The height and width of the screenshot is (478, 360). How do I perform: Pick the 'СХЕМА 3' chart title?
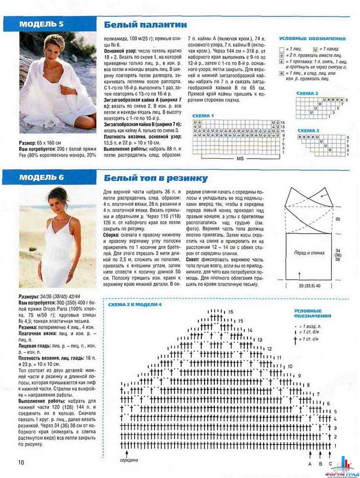pos(308,131)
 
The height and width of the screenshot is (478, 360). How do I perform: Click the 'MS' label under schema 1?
pos(240,159)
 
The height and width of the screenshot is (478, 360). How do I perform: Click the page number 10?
pos(21,462)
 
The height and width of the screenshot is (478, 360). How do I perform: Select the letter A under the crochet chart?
pos(310,464)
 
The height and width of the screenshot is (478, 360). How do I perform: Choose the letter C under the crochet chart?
pos(331,464)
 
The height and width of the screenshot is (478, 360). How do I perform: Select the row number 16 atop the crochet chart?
pos(230,311)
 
